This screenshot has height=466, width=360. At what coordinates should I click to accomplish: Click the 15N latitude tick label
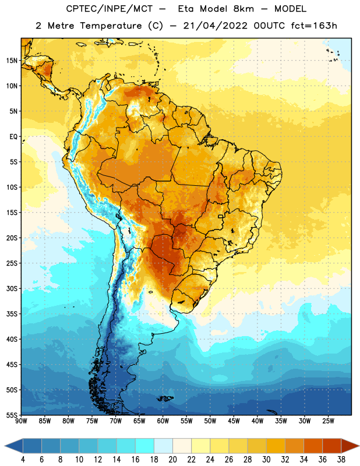[x=12, y=61]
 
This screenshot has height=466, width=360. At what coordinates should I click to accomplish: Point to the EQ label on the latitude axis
[x=13, y=137]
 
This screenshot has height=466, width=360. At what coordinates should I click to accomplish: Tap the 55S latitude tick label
[x=12, y=415]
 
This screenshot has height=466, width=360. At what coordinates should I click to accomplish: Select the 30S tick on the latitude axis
[x=12, y=288]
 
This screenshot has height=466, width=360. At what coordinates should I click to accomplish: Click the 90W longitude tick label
[x=21, y=421]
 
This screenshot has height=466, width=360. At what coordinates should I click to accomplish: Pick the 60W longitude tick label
[x=163, y=421]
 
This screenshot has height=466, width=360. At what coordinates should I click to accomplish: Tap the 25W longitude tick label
[x=328, y=421]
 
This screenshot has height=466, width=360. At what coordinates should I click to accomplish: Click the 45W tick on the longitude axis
[x=234, y=421]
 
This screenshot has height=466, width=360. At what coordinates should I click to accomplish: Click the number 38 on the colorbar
[x=341, y=460]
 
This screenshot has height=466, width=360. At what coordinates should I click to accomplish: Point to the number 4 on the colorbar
[x=23, y=460]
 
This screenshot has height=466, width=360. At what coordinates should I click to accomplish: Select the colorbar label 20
[x=172, y=460]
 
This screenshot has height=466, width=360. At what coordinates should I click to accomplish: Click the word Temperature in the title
[x=111, y=26]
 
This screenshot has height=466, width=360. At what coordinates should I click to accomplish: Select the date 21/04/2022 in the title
[x=215, y=26]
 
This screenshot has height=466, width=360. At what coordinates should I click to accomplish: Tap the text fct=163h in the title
[x=314, y=26]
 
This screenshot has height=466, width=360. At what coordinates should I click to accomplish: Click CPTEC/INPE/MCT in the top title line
[x=109, y=9]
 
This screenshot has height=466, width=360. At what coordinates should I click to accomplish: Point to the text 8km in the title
[x=243, y=9]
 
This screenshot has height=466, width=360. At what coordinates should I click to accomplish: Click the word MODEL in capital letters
[x=291, y=9]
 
